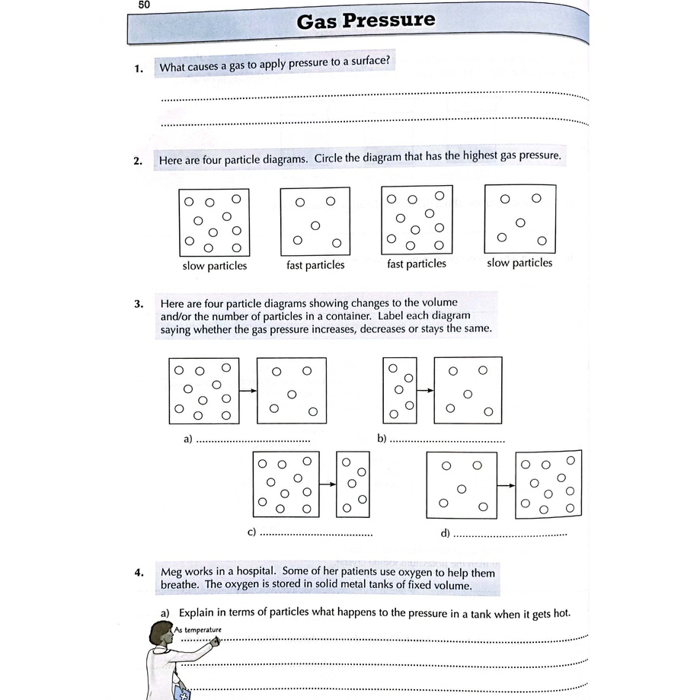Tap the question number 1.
(138, 69)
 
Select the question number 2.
(138, 161)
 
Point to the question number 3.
(139, 303)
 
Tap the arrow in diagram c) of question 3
(328, 484)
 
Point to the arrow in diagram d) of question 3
(506, 484)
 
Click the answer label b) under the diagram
(382, 439)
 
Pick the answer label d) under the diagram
(446, 532)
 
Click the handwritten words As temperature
(198, 630)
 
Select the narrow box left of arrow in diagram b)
(400, 390)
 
